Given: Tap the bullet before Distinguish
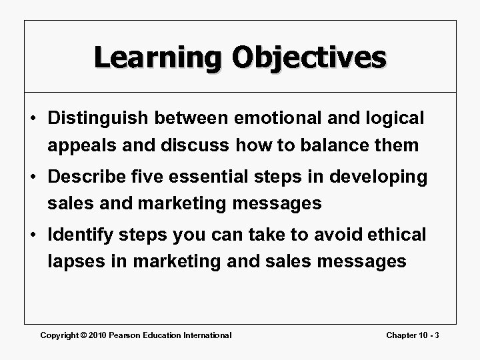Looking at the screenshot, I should point(33,119).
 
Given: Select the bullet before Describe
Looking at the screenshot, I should point(33,177).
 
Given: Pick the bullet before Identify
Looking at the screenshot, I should point(33,235).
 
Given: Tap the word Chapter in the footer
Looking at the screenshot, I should point(403,335).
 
